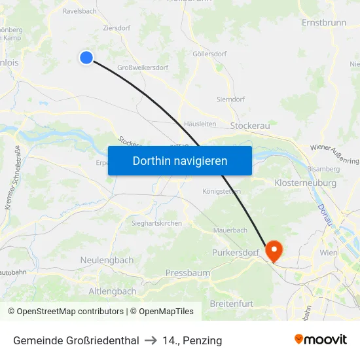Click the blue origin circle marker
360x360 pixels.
point(86,58)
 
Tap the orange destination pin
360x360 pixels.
point(272,249)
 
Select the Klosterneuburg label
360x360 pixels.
point(306,183)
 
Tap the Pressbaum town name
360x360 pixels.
point(188,272)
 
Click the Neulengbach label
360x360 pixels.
point(107,260)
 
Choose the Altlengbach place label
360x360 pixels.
point(112,291)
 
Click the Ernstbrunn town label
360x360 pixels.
point(325,22)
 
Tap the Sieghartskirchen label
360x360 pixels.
point(148,223)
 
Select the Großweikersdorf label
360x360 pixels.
point(142,67)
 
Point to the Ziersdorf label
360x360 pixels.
point(117,28)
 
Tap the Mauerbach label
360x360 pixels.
point(230,230)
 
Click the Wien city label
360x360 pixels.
point(328,252)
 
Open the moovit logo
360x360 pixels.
point(320,340)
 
